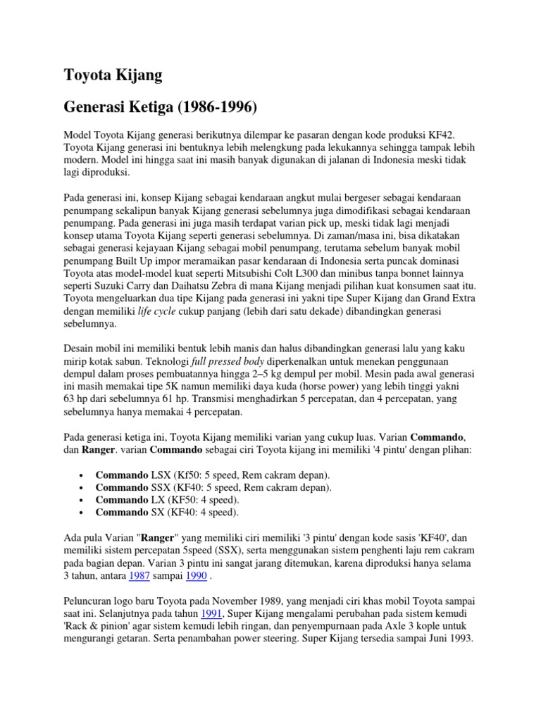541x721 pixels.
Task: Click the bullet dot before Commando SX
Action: pos(83,513)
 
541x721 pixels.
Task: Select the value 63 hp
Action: pos(78,401)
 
